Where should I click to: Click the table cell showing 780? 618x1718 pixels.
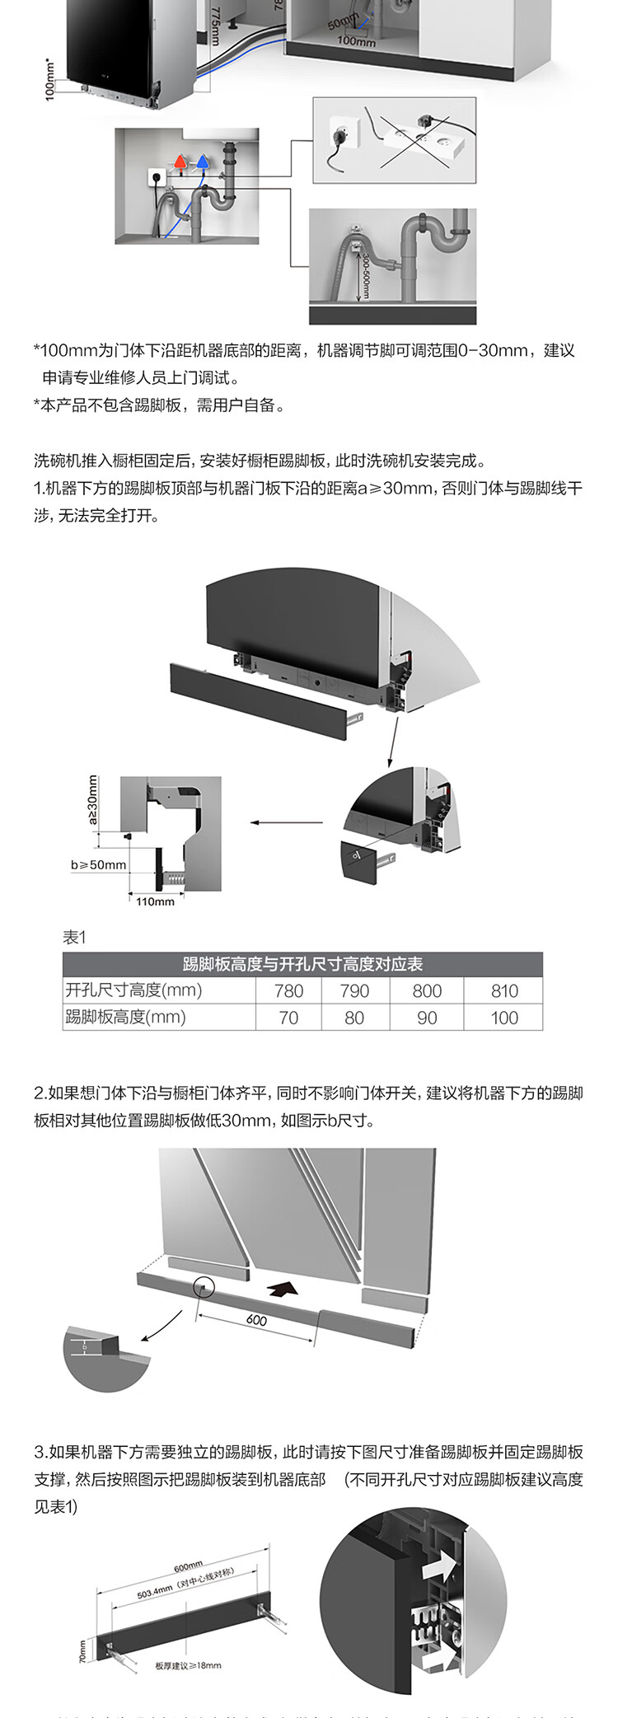coord(288,990)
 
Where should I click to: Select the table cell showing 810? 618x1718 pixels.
coord(504,990)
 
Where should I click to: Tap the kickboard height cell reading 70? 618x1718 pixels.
coord(288,1018)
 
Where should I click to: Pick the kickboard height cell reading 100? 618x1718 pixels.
coord(504,1018)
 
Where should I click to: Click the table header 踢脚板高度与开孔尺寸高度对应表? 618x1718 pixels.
coord(302,964)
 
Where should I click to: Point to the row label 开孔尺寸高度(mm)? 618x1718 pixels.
coord(133,990)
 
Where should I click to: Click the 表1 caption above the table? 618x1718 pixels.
coord(74,937)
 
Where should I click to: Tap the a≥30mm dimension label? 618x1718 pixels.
coord(92,799)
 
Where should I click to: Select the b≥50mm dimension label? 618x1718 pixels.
coord(99,864)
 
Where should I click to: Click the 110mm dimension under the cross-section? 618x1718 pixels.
coord(155,901)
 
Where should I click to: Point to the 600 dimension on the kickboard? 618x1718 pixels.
coord(256,1320)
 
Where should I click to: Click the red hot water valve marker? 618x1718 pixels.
coord(180,161)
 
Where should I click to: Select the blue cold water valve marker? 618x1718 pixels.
coord(202,161)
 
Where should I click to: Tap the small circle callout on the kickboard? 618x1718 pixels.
coord(203,1287)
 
